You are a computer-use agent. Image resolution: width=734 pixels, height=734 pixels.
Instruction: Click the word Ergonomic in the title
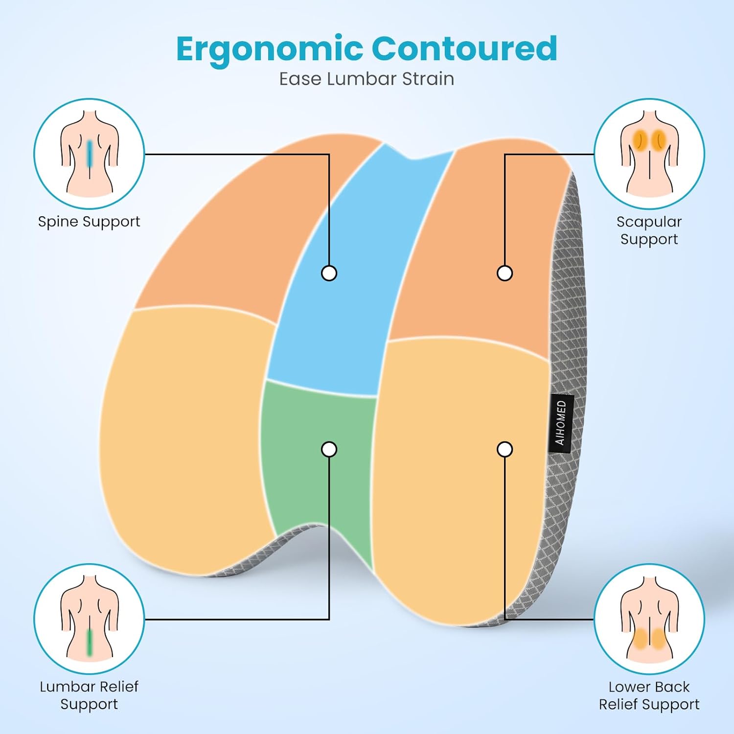269,49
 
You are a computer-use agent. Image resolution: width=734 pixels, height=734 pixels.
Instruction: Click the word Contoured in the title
464,48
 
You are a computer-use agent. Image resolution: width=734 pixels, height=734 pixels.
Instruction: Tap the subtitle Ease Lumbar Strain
367,79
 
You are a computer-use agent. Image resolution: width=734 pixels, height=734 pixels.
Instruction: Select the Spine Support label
89,222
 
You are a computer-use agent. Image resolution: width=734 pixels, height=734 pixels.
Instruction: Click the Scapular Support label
649,230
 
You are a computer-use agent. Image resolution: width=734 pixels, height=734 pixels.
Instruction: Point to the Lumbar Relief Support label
89,695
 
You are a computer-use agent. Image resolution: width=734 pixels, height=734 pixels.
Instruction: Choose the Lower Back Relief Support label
649,695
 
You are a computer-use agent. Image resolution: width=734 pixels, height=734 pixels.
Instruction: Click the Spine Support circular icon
89,154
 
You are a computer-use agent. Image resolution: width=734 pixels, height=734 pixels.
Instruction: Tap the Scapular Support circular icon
649,154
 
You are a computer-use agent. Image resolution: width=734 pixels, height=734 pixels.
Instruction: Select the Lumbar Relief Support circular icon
89,619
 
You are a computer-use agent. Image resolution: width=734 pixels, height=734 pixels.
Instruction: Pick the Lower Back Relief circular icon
649,619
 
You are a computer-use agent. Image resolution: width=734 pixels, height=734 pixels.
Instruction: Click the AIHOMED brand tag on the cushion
561,423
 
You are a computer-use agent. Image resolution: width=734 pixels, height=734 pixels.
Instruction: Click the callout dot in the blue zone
329,273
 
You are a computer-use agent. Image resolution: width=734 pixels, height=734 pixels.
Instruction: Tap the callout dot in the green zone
329,449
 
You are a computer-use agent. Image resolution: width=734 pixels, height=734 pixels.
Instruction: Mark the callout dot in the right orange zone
505,273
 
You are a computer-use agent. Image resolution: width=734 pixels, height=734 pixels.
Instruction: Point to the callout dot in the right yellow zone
505,449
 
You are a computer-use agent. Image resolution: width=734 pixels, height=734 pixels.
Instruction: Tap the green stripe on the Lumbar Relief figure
90,642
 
